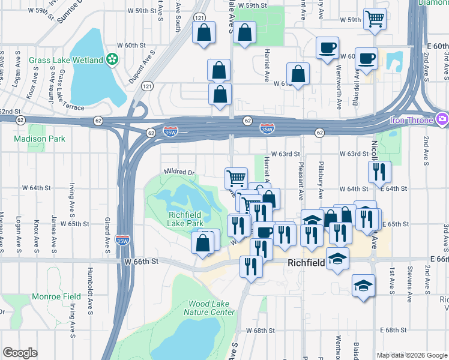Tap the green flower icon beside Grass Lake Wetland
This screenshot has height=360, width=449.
112,58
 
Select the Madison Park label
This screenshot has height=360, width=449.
39,139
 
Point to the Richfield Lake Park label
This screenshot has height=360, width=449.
185,219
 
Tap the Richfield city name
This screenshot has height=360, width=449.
306,263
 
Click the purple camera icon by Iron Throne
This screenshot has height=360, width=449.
442,118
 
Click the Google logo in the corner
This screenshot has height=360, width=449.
20,352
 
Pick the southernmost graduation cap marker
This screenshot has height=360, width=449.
363,286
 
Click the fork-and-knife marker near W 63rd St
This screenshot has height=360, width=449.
380,172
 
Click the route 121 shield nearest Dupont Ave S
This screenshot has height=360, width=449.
146,87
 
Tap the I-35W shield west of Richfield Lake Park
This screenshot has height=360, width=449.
123,239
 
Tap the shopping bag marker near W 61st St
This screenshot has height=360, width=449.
298,75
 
